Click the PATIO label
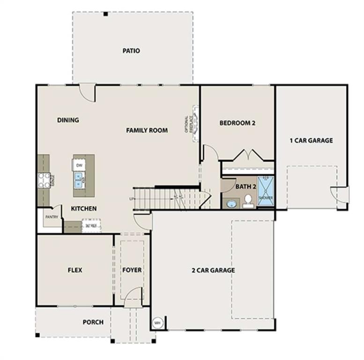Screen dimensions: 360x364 131,51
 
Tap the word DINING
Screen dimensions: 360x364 68,120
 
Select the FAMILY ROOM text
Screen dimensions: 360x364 147,130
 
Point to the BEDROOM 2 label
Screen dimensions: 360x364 237,123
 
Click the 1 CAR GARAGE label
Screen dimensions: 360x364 311,140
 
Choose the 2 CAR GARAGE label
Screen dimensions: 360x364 213,270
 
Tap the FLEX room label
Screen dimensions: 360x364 75,270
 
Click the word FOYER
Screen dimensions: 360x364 132,270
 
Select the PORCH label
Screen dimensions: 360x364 93,322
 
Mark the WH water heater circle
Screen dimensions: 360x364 157,322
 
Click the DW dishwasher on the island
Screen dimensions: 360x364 79,165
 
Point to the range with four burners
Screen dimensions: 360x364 44,180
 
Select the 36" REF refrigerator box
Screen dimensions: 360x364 90,225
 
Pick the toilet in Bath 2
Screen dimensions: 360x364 248,201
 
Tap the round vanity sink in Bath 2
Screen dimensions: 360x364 231,203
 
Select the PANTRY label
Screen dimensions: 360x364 51,217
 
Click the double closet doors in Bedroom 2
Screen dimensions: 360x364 247,155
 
